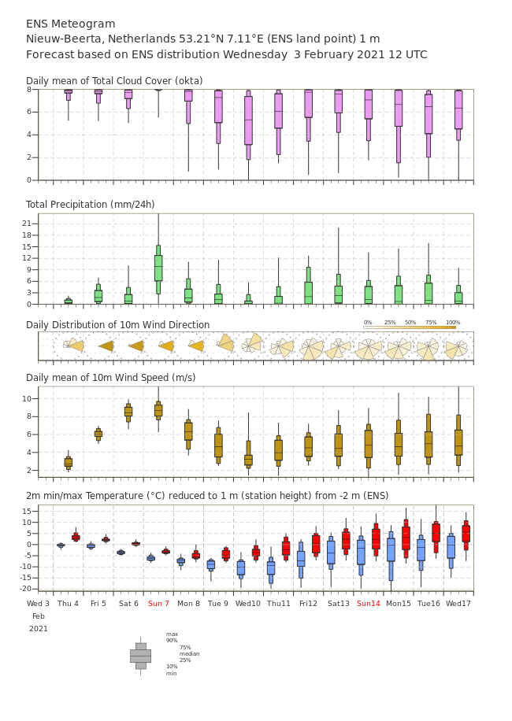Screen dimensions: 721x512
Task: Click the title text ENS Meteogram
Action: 71,24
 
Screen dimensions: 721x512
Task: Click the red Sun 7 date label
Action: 158,604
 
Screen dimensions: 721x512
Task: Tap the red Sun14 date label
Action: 369,604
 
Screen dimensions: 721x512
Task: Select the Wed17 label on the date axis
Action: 458,604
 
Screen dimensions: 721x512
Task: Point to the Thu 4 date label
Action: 68,604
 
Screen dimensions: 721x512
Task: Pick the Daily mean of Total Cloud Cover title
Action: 114,81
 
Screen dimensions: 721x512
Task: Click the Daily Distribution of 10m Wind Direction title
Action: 117,325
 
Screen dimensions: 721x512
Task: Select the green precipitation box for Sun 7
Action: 158,268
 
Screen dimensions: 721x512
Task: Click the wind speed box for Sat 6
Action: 128,411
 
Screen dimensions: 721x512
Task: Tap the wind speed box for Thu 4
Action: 69,462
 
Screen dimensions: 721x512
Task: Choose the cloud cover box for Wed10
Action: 248,120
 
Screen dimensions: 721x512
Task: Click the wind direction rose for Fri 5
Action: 106,346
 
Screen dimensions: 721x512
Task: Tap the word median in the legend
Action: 189,653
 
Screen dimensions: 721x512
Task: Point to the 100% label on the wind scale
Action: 452,323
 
